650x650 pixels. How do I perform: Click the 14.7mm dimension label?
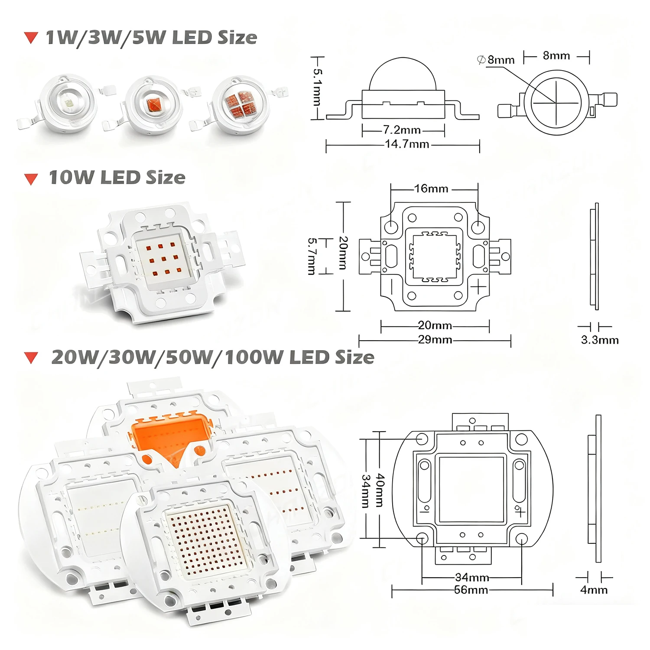point(407,144)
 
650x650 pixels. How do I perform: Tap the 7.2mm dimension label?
point(402,130)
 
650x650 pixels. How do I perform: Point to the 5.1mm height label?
point(317,87)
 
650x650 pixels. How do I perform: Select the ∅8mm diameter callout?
point(496,60)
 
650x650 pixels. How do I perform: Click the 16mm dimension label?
point(431,188)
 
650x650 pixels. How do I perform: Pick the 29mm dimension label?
point(435,340)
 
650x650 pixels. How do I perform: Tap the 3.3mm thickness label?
point(600,340)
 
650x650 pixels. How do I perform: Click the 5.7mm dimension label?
point(312,256)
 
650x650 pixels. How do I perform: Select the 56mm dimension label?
point(471,590)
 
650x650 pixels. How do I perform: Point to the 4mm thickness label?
point(594,590)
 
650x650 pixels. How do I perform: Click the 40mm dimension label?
point(380,490)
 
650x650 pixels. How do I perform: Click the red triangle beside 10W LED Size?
point(31,179)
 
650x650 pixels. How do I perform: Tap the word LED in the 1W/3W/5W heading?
point(192,38)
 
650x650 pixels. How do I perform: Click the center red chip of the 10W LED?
point(164,260)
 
